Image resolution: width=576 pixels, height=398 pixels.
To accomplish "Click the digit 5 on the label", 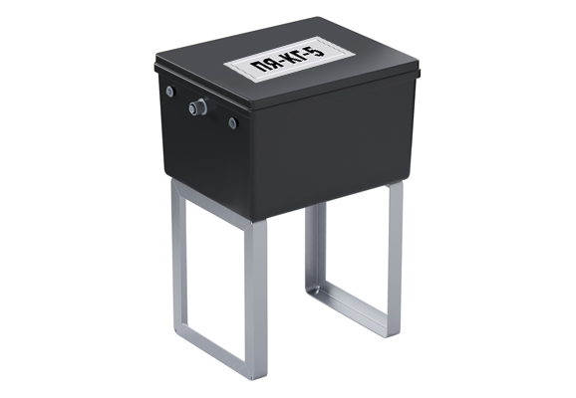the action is coord(318,50).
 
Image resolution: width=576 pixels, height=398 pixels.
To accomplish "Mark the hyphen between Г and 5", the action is coord(312,53).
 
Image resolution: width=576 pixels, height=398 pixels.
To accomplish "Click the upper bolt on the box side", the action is coord(169,91).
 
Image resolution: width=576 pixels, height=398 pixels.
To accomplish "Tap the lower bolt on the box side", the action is coord(232,122).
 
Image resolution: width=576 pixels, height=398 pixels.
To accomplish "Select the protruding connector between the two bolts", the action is coord(197,106).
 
